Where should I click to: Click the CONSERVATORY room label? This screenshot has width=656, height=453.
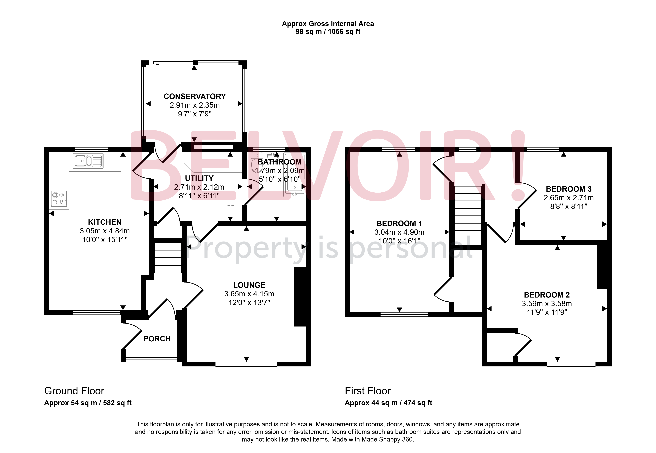pyautogui.click(x=195, y=96)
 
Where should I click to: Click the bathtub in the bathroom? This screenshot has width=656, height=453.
pyautogui.click(x=295, y=175)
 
